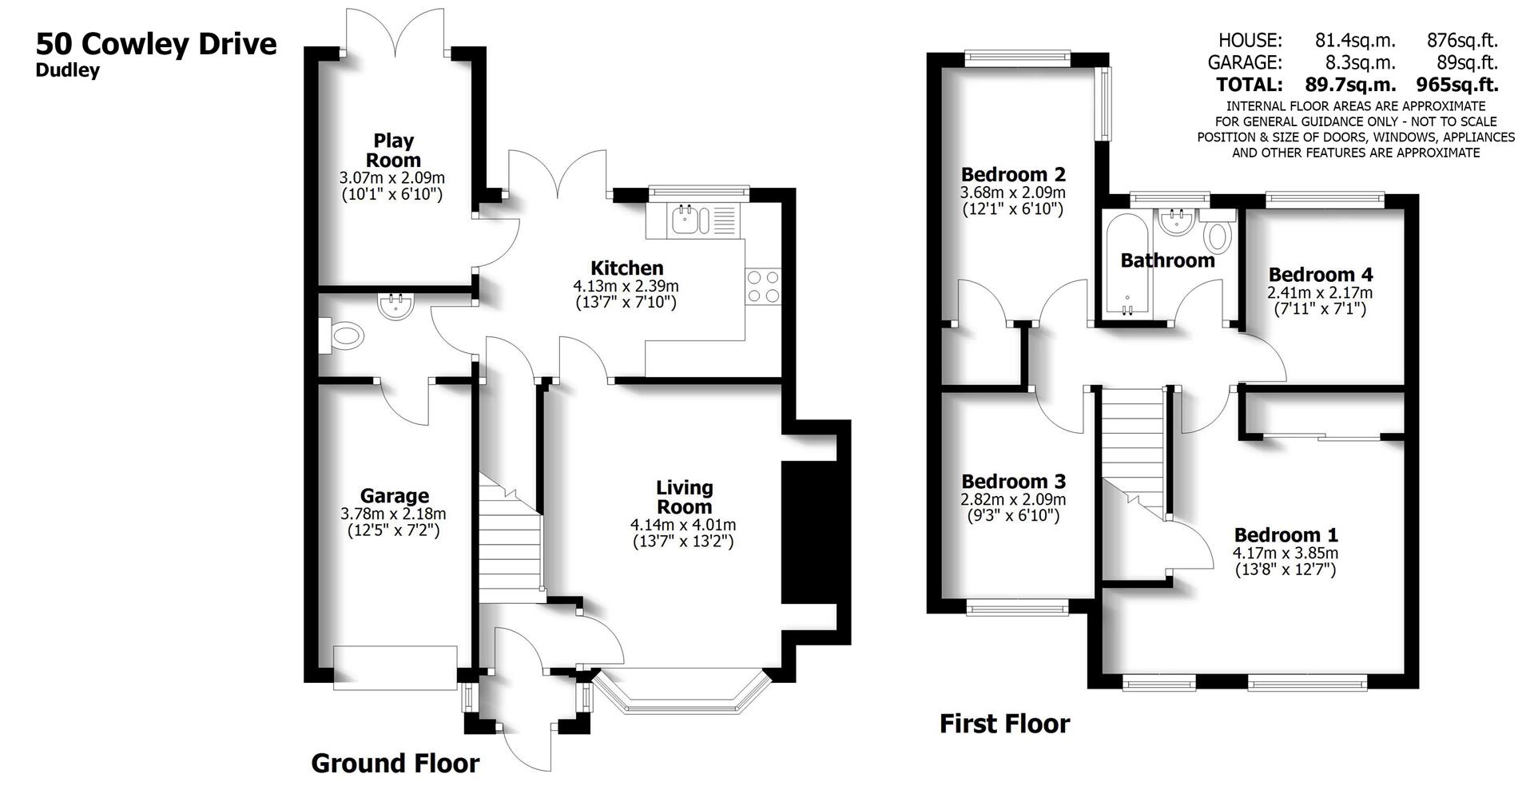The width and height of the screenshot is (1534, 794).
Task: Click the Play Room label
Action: coord(393,150)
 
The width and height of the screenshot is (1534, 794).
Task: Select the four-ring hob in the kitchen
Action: coord(763,286)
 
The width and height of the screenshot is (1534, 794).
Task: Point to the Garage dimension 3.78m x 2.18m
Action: coord(393,514)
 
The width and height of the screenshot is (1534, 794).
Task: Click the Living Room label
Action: coord(684,497)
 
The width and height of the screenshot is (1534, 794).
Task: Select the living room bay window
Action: coord(682,693)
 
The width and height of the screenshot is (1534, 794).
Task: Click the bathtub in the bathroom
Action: coord(1127,264)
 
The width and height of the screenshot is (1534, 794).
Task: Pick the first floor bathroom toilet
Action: coord(1218,236)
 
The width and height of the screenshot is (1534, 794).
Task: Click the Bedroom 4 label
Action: coord(1321,275)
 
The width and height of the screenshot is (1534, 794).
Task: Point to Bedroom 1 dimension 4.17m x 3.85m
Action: coord(1285,553)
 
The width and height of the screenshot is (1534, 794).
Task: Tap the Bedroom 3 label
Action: coord(1013,482)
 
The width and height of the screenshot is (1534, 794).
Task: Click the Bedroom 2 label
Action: coord(1013,174)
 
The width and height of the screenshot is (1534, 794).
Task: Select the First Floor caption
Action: coord(1004,724)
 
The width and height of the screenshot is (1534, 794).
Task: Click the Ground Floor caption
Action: coord(395,764)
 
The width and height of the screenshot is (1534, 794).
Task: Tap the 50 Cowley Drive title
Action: coord(156,43)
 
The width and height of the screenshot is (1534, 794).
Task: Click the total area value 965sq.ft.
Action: coord(1457,84)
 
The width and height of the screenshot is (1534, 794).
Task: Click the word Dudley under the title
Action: coord(68,70)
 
